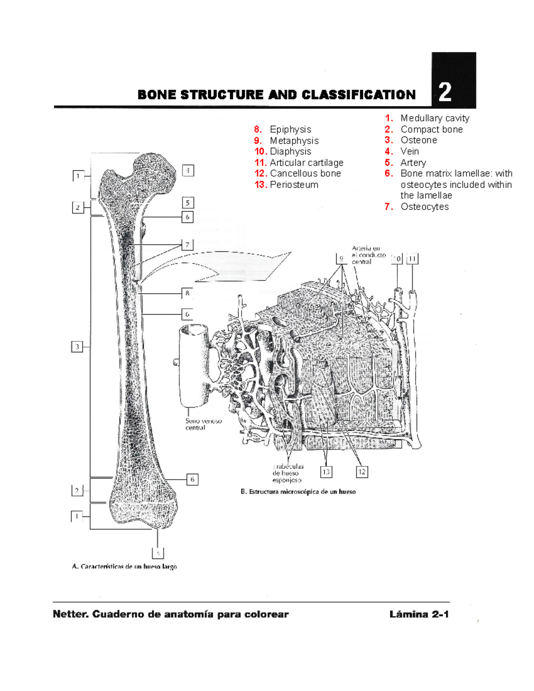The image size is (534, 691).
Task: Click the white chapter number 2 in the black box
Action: (445, 93)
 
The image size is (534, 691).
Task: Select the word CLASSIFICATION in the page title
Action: (359, 95)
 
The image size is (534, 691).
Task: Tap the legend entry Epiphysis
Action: (290, 129)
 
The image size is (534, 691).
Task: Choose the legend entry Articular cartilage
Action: (306, 163)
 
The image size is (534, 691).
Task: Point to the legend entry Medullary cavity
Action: (434, 118)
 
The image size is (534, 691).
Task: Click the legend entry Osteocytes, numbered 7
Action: (424, 207)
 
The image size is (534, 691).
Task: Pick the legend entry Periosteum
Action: (294, 185)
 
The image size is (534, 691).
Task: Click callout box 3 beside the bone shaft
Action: (77, 347)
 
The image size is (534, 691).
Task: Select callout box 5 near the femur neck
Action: (188, 203)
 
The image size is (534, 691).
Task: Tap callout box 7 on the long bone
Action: (187, 245)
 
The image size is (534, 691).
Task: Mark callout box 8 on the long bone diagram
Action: (187, 293)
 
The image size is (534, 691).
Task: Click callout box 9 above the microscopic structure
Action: (341, 259)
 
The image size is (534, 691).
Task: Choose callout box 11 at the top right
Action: (413, 259)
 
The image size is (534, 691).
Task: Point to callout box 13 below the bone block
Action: (326, 472)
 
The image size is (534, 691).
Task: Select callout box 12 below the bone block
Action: (361, 472)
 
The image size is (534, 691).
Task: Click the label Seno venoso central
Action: (203, 424)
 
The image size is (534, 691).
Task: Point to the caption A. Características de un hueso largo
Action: (124, 566)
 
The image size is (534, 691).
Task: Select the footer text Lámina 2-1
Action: (419, 614)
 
